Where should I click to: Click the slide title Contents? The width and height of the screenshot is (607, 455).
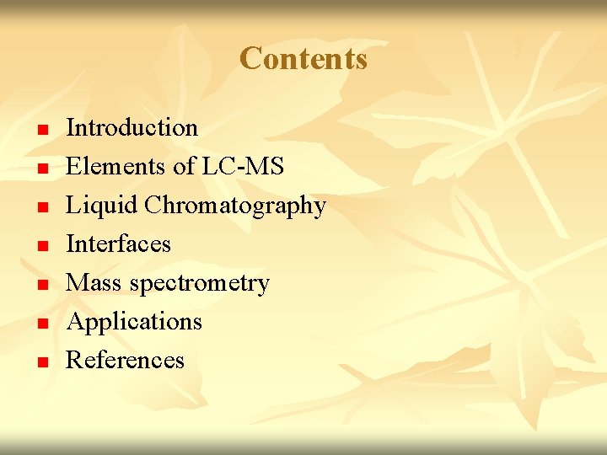tap(303, 59)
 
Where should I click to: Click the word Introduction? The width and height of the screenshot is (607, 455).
tap(132, 128)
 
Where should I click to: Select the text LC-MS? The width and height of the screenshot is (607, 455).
tap(243, 167)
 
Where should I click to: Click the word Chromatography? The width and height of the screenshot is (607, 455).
tap(235, 206)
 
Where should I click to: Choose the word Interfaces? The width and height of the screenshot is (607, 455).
tap(118, 244)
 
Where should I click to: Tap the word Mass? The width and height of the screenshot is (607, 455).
tap(94, 283)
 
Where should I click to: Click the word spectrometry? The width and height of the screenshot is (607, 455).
tap(199, 284)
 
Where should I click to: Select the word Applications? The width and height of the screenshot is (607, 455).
tap(134, 322)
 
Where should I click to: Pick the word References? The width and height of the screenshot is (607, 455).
tap(125, 361)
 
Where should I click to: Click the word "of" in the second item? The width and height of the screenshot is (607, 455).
tap(183, 167)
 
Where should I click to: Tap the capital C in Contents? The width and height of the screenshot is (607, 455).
tap(250, 59)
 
